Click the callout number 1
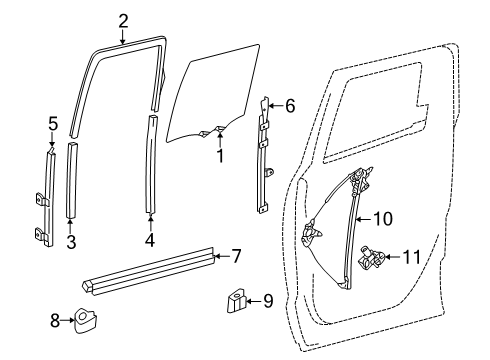coord(220,155)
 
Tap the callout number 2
coord(123,20)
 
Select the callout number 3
coord(71,240)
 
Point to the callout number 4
coord(150,240)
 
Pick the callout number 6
coord(290,106)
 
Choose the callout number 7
coord(237,256)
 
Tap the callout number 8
coord(55,321)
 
